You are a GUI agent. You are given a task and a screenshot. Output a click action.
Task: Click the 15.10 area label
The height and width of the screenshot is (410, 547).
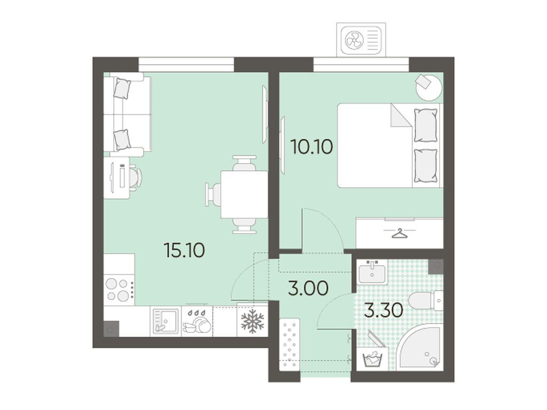(184, 250)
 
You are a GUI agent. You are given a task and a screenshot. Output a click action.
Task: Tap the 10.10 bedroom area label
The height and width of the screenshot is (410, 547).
(311, 147)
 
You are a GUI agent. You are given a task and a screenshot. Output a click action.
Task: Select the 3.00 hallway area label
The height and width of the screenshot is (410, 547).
(308, 289)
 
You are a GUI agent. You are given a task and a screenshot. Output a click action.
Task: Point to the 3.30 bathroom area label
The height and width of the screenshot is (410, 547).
(384, 310)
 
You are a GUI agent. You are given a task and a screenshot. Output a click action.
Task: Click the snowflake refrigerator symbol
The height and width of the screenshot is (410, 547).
(253, 320)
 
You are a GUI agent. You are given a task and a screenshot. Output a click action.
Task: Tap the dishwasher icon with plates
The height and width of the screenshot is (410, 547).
(197, 321)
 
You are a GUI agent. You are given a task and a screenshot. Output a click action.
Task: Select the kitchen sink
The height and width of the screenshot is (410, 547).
(166, 321)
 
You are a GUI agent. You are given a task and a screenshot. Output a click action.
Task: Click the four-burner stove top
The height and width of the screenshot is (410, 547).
(119, 289)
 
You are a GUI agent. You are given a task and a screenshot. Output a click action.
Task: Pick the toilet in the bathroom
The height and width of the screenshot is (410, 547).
(425, 300)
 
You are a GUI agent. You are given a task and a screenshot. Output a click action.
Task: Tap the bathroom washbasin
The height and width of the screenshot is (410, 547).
(372, 272)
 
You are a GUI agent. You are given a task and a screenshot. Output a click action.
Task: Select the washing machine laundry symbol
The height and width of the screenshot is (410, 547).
(373, 359)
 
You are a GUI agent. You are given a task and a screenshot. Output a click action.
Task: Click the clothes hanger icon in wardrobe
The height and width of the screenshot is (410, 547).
(400, 233)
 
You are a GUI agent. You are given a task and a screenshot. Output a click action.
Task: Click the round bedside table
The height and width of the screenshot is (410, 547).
(429, 87)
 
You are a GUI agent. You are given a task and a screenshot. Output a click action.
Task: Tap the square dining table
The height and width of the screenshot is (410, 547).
(244, 194)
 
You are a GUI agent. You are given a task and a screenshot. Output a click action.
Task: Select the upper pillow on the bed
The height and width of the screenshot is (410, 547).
(425, 125)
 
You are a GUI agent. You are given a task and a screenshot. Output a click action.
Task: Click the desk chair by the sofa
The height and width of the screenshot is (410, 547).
(136, 177)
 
